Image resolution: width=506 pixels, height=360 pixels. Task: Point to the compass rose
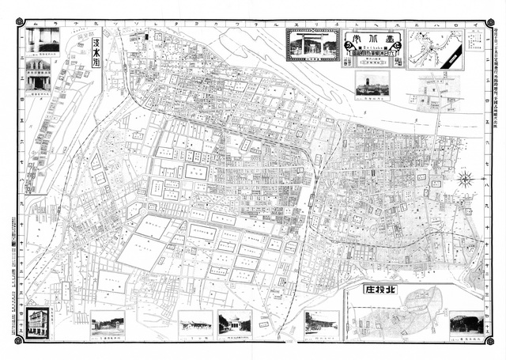[466, 180]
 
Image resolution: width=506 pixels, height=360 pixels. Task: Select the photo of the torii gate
[308, 44]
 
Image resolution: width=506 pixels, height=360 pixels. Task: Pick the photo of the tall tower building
[372, 83]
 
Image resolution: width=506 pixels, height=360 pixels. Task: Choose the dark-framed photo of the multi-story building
[36, 323]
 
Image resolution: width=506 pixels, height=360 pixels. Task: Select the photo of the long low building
[195, 321]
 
